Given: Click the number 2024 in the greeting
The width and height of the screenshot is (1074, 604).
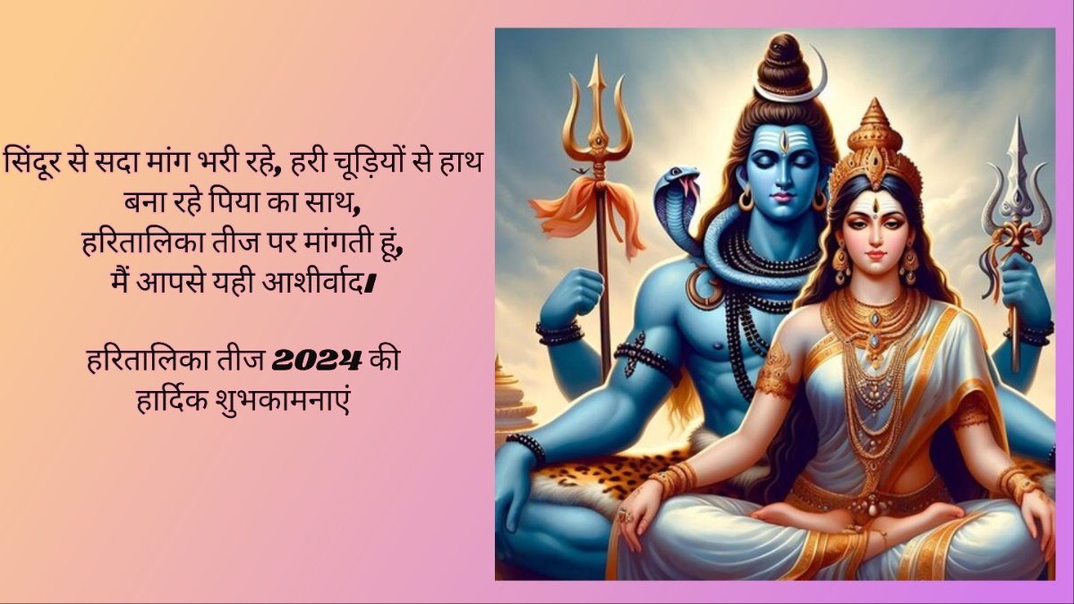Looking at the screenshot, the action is (317, 361).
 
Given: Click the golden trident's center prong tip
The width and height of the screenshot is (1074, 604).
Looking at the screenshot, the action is (596, 56).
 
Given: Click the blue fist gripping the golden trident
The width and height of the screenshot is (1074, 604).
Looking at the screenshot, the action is (579, 292).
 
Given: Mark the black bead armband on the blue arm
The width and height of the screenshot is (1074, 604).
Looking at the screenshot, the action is (647, 357).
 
